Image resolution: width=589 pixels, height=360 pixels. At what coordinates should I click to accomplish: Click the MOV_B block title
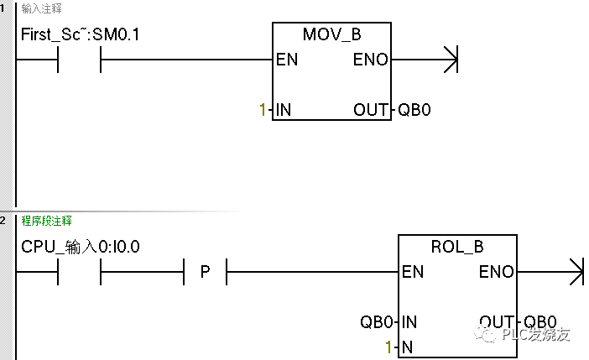click(x=332, y=36)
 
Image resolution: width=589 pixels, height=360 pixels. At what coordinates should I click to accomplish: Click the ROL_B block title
click(x=457, y=248)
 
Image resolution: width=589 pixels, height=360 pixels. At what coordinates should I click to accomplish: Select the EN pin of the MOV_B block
click(x=285, y=60)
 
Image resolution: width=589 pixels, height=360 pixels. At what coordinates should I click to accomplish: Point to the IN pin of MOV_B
click(x=284, y=110)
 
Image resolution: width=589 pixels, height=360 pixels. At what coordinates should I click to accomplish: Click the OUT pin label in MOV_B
click(x=370, y=110)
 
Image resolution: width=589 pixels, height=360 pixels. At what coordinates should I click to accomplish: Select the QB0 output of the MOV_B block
click(x=414, y=110)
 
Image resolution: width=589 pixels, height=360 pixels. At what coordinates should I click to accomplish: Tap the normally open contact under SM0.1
click(x=79, y=60)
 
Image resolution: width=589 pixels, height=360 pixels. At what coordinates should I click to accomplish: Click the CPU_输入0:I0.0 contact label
click(x=81, y=248)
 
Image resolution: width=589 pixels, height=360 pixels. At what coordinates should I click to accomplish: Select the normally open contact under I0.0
click(x=79, y=271)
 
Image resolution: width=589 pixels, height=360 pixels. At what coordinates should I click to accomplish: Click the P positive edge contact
click(x=205, y=271)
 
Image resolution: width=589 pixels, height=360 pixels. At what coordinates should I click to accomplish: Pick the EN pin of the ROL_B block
click(x=413, y=271)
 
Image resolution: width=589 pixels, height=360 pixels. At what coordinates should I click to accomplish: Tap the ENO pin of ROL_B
click(x=497, y=271)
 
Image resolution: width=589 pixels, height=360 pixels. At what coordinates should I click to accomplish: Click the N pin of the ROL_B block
click(x=407, y=346)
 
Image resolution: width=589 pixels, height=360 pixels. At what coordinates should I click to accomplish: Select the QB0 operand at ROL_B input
click(x=376, y=321)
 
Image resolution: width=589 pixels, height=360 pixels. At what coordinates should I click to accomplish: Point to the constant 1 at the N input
click(x=388, y=346)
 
